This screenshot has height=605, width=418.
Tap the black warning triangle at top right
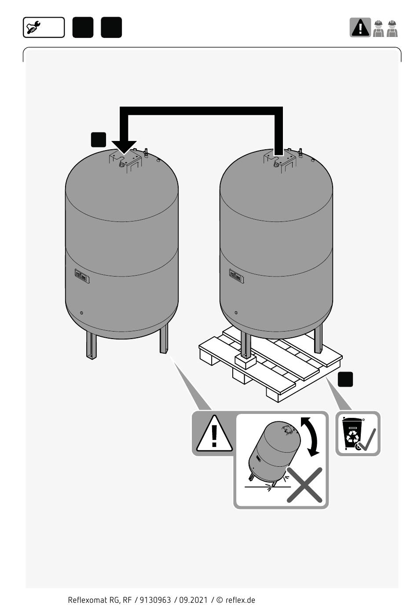(x=360, y=28)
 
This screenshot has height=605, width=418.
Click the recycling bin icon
(x=352, y=432)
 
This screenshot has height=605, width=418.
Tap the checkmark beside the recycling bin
(x=367, y=440)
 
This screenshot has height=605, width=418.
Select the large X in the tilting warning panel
(x=304, y=485)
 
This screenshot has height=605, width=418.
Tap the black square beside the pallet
(x=345, y=379)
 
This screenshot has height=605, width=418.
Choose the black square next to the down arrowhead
(x=99, y=139)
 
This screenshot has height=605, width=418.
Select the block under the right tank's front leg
(x=245, y=361)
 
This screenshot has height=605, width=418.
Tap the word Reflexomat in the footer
(x=88, y=600)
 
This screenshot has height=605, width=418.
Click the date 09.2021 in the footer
(x=193, y=600)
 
